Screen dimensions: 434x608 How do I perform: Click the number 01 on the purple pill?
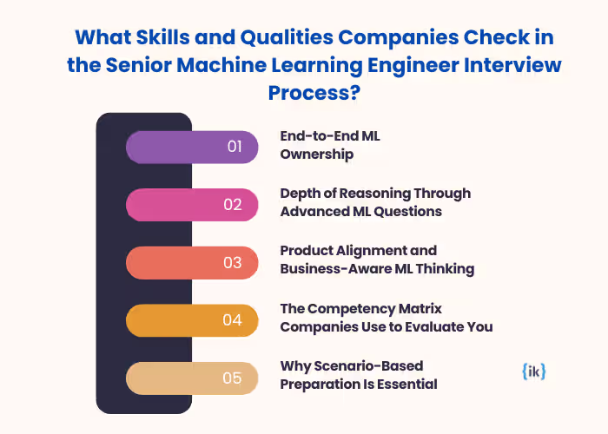click(235, 147)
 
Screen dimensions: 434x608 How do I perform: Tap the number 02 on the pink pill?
click(232, 205)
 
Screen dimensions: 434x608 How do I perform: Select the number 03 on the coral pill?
click(232, 262)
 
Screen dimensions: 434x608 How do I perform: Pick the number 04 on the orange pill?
click(232, 319)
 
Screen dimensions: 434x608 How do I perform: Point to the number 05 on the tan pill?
click(232, 378)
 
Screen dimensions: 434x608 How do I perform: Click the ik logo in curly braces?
click(533, 372)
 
